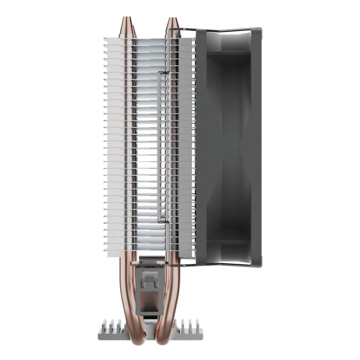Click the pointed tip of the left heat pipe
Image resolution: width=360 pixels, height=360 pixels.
125,20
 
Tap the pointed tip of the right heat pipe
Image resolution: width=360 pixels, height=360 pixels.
172,20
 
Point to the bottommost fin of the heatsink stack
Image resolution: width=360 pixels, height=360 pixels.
149,255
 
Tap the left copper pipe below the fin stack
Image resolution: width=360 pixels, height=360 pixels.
125,288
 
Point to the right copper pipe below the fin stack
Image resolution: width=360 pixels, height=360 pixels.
172,288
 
